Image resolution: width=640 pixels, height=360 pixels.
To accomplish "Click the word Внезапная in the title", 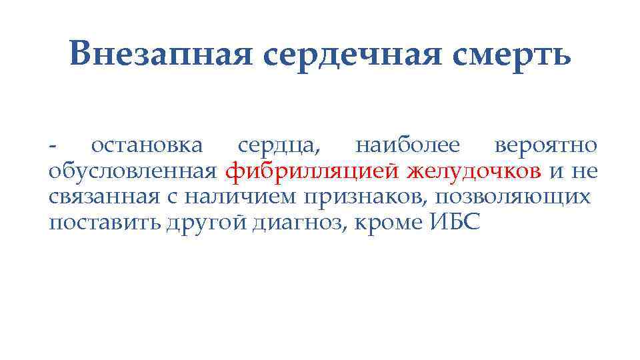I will pyautogui.click(x=160, y=53).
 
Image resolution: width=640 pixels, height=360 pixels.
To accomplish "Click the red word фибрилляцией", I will pyautogui.click(x=313, y=172).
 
